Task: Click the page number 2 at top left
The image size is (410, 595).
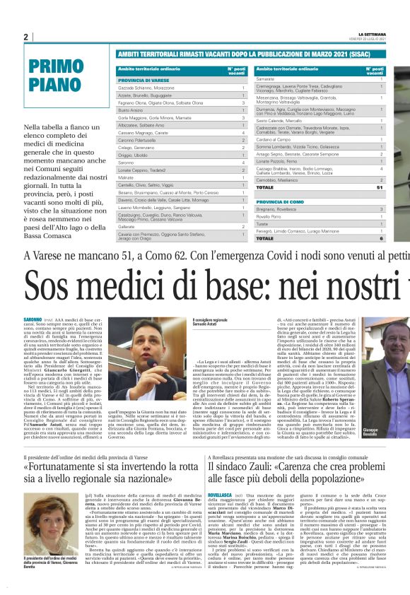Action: coord(25,37)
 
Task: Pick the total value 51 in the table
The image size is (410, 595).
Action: coord(381,187)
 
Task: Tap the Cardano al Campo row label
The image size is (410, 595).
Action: coord(274,139)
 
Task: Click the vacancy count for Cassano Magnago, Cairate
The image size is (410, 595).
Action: coord(242,132)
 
